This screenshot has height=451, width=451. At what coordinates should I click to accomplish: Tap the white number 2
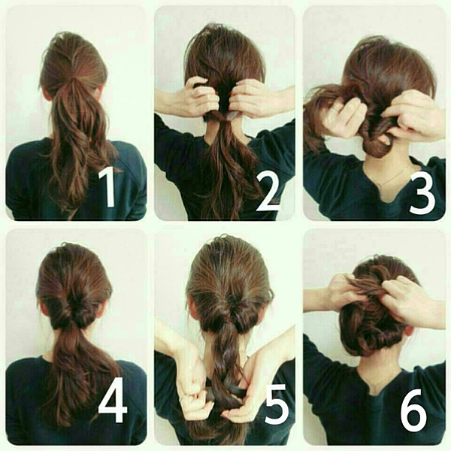click(x=268, y=191)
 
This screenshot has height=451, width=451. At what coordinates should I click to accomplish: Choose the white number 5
click(x=277, y=404)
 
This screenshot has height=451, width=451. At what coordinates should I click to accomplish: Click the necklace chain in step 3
click(x=394, y=176)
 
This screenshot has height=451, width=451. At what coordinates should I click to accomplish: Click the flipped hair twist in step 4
click(x=75, y=313)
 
